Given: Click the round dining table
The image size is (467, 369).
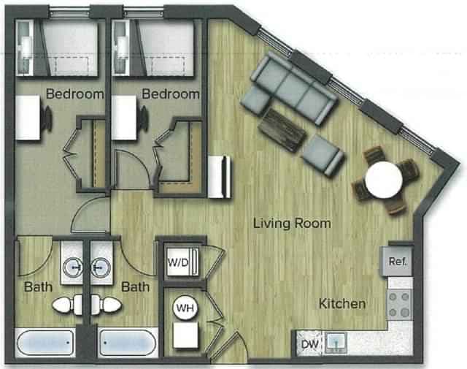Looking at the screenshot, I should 384,180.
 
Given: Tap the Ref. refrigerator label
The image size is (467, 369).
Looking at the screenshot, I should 397,261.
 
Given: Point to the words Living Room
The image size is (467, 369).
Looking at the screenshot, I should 292,223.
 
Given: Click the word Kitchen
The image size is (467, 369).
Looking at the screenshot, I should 341,303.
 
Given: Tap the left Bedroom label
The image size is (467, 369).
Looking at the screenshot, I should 74,94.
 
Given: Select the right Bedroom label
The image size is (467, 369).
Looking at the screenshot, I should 170,94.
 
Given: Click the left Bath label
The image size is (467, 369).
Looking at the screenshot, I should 37,286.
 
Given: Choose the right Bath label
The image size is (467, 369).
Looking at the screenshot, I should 136,286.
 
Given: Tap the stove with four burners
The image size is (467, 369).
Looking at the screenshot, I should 400,304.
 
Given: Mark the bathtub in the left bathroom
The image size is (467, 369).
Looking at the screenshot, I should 45,343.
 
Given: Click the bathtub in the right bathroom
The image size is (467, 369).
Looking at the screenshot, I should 128,343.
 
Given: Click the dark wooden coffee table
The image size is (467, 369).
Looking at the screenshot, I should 282,127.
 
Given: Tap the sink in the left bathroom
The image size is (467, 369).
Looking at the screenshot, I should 73,269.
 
